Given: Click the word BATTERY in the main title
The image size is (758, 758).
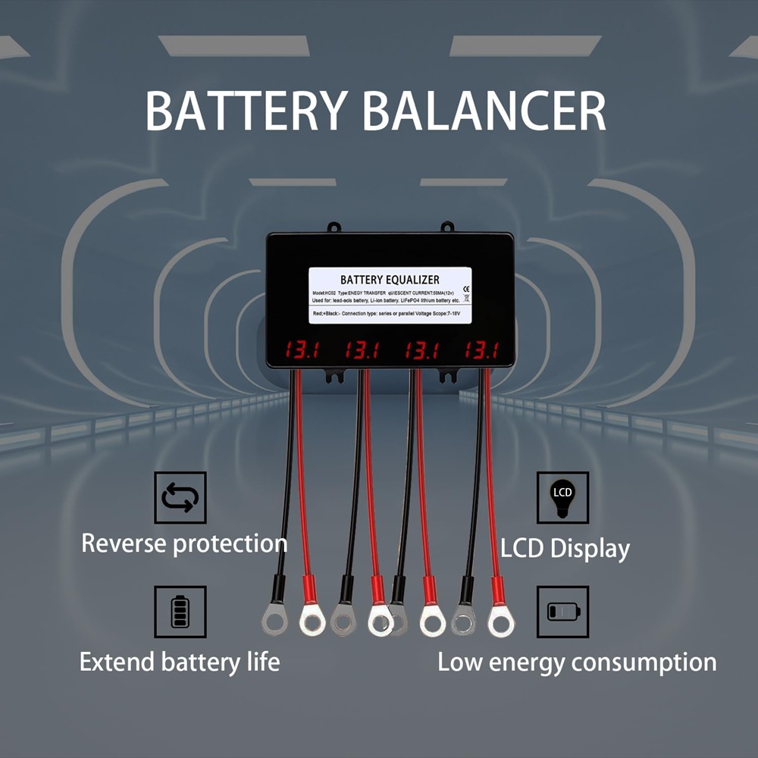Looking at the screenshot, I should point(246,111).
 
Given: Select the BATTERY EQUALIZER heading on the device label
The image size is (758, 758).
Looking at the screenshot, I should point(390,280).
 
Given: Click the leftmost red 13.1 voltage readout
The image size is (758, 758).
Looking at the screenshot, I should point(301,350).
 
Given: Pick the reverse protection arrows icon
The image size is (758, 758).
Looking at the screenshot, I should point(180,497).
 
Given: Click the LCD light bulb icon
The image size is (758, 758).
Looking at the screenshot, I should point(562,497).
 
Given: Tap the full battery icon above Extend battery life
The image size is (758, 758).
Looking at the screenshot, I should point(180,611).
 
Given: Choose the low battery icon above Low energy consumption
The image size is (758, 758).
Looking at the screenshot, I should point(562,611).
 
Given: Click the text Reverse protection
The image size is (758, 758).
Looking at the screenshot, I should point(183,543).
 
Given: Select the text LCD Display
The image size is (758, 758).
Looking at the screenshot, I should point(565,549).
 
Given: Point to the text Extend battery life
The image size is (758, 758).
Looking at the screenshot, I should point(180,662).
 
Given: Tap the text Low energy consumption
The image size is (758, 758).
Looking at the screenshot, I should point(577,662).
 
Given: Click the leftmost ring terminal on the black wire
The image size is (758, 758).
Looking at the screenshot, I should point(275,621).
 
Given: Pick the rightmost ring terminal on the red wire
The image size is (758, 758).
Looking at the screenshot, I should point(500,622).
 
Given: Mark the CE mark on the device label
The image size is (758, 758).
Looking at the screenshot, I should point(465,288).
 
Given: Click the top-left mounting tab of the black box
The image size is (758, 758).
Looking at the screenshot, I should point(332,227).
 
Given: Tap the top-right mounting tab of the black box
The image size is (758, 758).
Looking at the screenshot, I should point(447,227).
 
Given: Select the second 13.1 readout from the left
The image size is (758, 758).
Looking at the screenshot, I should point(362,350).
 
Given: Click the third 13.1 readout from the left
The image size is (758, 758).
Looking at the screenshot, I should point(421,350).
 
